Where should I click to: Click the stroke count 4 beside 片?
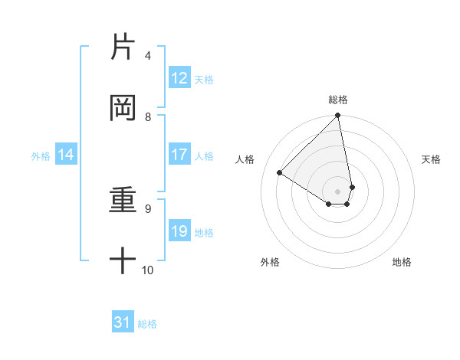[148, 56]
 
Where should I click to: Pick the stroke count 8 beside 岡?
[148, 116]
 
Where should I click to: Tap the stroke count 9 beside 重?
[148, 208]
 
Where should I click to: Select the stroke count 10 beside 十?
[147, 270]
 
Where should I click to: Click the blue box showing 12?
[179, 78]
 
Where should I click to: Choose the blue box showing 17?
[179, 155]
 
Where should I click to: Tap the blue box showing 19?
[179, 231]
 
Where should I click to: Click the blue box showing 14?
[66, 155]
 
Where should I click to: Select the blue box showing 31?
[123, 322]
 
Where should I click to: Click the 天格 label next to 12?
[204, 80]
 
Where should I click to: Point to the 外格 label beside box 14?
[41, 156]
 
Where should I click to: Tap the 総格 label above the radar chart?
[337, 100]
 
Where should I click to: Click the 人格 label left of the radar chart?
[245, 159]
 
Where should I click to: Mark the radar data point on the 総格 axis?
[337, 116]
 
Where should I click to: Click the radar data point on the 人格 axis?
[280, 172]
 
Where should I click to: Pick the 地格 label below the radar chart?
[402, 262]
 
